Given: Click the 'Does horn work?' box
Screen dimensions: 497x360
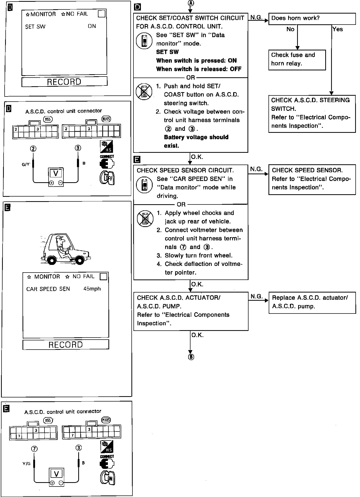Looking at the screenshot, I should pyautogui.click(x=312, y=19).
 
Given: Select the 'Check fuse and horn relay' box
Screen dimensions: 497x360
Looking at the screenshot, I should pyautogui.click(x=297, y=60).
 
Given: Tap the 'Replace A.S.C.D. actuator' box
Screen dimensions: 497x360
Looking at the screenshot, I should pyautogui.click(x=312, y=302).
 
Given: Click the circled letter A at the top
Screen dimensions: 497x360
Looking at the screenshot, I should pyautogui.click(x=191, y=3).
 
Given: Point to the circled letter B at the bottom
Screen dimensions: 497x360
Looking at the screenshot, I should pyautogui.click(x=191, y=357).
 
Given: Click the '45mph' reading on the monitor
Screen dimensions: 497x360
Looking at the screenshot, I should pyautogui.click(x=92, y=289).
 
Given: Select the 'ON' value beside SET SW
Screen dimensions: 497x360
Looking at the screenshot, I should pyautogui.click(x=92, y=26).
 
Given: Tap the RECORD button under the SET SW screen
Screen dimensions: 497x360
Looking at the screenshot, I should pyautogui.click(x=64, y=82).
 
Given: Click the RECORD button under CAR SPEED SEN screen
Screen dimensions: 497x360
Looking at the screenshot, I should pyautogui.click(x=66, y=344).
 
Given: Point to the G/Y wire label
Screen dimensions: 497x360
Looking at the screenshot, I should pyautogui.click(x=26, y=165).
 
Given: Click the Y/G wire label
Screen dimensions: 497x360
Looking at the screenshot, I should pyautogui.click(x=26, y=463).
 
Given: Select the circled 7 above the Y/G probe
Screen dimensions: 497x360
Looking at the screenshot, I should pyautogui.click(x=34, y=449).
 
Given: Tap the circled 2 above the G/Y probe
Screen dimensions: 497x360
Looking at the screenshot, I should pyautogui.click(x=33, y=148).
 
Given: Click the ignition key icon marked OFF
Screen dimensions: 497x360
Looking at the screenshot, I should pyautogui.click(x=107, y=177).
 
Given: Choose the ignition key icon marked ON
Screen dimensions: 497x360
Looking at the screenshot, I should pyautogui.click(x=108, y=478).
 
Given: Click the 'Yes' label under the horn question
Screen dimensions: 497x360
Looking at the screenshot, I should pyautogui.click(x=337, y=29).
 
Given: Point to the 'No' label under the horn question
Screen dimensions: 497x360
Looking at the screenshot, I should pyautogui.click(x=290, y=29).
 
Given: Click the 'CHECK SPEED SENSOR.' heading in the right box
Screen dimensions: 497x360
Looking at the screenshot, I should pyautogui.click(x=307, y=170).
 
